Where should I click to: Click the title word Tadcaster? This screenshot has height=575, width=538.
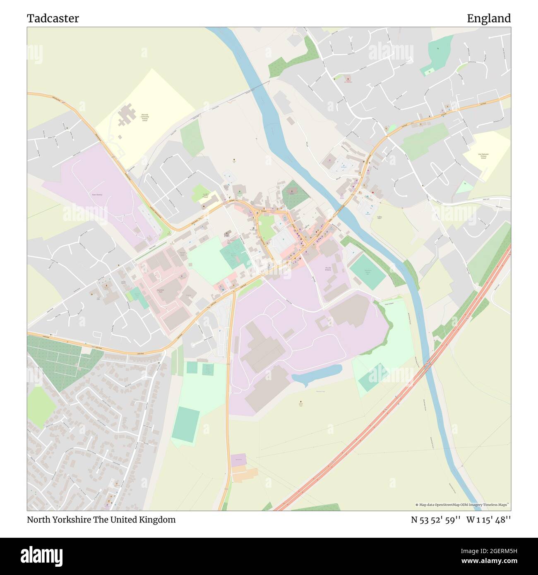[53, 19]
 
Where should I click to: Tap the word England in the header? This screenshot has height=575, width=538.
[488, 19]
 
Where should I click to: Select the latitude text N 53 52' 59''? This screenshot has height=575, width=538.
[436, 520]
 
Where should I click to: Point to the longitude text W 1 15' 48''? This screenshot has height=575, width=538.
[488, 520]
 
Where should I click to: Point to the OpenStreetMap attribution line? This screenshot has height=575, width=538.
[462, 505]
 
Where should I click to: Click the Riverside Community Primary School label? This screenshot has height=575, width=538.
[144, 119]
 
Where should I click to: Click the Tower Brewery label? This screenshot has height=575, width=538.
[97, 194]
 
